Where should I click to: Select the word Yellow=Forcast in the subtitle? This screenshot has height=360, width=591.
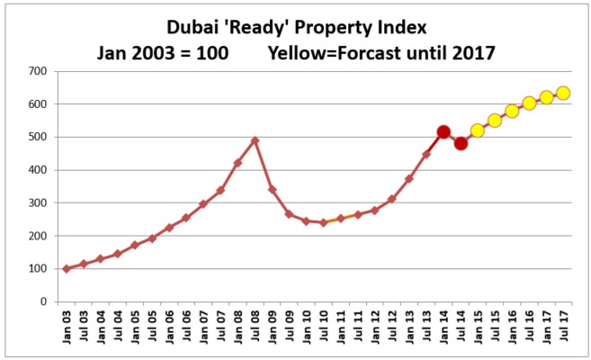[x=320, y=52]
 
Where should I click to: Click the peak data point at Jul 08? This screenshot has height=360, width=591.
[x=255, y=140]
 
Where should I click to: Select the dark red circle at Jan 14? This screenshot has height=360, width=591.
[x=443, y=132]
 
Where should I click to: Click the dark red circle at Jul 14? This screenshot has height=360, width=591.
[x=461, y=143]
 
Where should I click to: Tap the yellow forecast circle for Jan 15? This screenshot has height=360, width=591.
[x=478, y=130]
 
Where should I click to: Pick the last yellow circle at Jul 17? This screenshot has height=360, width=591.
[x=564, y=93]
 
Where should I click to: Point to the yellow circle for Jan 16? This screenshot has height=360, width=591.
[x=512, y=112]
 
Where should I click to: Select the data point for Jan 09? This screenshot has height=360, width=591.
[x=272, y=190]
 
